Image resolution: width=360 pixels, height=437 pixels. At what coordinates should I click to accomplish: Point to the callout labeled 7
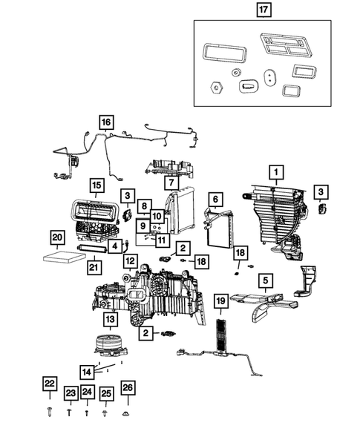170,183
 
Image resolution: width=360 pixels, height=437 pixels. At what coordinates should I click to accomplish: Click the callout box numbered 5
265,280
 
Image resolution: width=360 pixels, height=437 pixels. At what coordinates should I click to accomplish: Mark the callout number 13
109,319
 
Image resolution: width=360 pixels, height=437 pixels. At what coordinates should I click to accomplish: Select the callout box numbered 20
57,237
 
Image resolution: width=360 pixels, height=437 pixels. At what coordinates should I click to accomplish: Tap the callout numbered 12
130,261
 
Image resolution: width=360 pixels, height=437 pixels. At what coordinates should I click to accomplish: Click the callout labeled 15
96,185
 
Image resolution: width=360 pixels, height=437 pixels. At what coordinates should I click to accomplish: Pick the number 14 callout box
88,372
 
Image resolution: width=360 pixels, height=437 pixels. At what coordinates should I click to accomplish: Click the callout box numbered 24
87,392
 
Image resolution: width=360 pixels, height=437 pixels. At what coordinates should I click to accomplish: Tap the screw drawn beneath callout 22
49,410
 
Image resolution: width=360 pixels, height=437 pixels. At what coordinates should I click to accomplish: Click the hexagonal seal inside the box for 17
217,87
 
